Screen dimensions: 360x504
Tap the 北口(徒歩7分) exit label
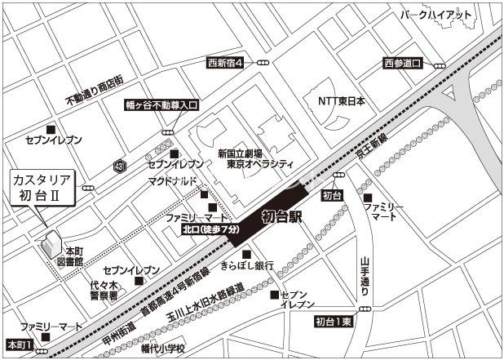210,231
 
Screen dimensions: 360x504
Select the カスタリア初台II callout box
41,187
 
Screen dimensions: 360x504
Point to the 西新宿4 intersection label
226,63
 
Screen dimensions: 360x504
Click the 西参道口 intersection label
403,64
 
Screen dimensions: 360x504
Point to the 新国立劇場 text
240,153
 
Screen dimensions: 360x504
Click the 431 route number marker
121,166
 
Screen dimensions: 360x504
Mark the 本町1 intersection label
18,345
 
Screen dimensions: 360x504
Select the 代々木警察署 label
104,290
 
